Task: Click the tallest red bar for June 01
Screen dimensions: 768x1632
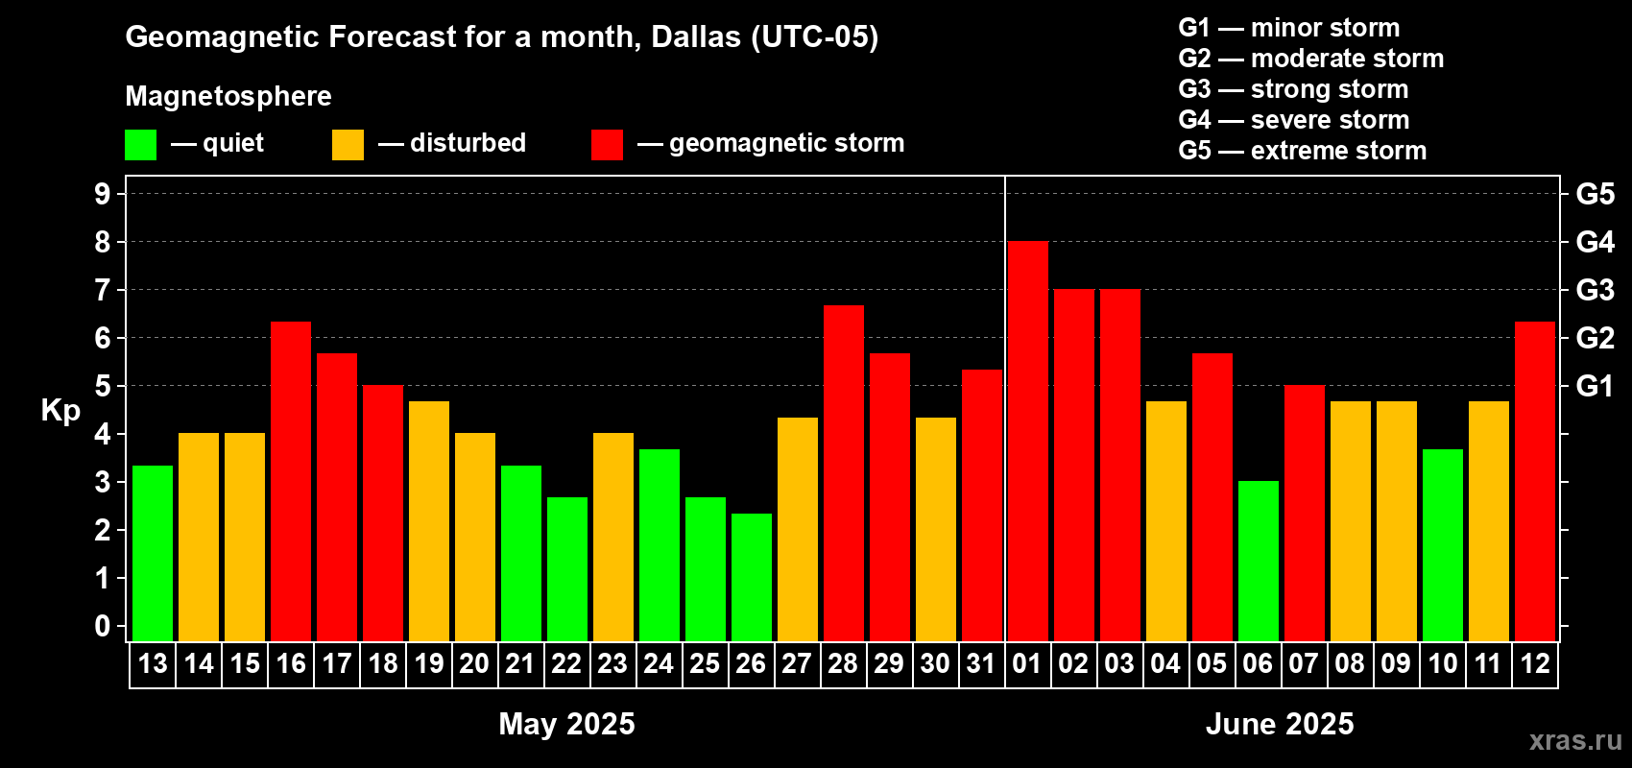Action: pyautogui.click(x=1027, y=442)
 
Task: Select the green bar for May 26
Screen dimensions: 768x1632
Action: pyautogui.click(x=752, y=577)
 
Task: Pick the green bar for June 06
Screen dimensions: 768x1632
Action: pyautogui.click(x=1259, y=562)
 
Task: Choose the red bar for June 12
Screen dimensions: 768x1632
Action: pyautogui.click(x=1535, y=481)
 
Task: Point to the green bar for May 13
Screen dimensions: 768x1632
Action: pyautogui.click(x=153, y=553)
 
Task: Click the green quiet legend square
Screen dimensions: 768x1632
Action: pyautogui.click(x=141, y=145)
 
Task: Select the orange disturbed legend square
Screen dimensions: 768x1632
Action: pyautogui.click(x=348, y=145)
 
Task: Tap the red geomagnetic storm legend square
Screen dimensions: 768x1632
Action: pyautogui.click(x=607, y=145)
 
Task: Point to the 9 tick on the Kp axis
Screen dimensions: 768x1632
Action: pyautogui.click(x=103, y=194)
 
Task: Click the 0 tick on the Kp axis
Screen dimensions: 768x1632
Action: pyautogui.click(x=103, y=626)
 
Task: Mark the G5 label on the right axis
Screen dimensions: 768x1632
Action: pyautogui.click(x=1595, y=194)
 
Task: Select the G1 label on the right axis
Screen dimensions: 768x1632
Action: pyautogui.click(x=1595, y=386)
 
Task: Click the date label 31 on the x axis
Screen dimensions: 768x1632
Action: pyautogui.click(x=981, y=663)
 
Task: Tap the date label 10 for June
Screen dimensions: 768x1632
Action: pyautogui.click(x=1442, y=663)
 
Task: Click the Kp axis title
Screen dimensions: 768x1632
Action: pyautogui.click(x=60, y=410)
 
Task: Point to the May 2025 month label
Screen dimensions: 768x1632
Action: pyautogui.click(x=566, y=724)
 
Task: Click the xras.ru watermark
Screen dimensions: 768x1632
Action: pyautogui.click(x=1575, y=740)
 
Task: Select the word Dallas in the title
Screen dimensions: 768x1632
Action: pyautogui.click(x=696, y=36)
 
